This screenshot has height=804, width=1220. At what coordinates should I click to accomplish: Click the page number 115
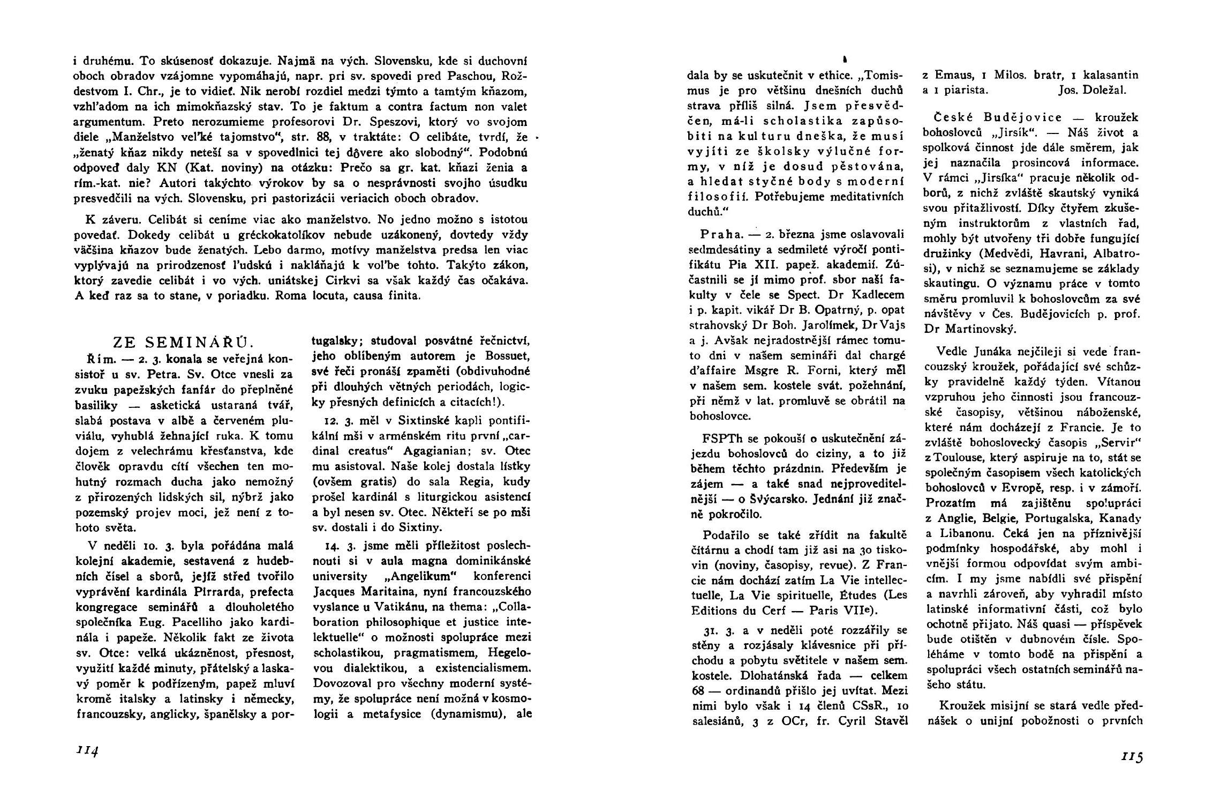pyautogui.click(x=1131, y=757)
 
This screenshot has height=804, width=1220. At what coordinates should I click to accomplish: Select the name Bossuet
pyautogui.click(x=503, y=356)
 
